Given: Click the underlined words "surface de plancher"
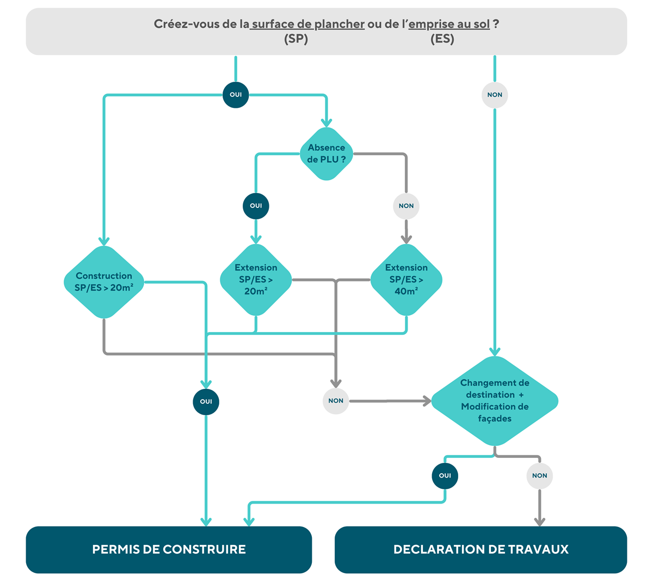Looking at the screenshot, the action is (308, 24).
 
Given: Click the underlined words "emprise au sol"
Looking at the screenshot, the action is (449, 24).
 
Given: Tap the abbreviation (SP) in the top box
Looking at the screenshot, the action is (296, 39).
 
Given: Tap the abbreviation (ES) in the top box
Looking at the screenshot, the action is (442, 39).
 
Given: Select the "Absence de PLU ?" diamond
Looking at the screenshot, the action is (326, 154).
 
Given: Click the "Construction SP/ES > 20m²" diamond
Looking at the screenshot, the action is (104, 282).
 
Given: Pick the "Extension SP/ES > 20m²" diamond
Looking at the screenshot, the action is (256, 279).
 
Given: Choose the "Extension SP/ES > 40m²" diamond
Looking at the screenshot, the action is (406, 279).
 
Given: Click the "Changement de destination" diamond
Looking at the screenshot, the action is (495, 401).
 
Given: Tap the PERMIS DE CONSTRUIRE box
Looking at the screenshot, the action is (169, 549).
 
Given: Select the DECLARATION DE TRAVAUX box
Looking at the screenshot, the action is (481, 549).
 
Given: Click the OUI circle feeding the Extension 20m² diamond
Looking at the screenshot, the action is (256, 206).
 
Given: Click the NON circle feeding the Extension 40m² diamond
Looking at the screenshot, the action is (406, 206).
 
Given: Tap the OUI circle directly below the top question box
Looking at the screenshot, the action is (236, 95).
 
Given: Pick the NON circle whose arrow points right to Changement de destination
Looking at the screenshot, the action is (336, 401).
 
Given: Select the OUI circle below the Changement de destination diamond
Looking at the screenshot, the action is (445, 476).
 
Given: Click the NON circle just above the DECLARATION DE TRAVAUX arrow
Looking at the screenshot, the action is (540, 476).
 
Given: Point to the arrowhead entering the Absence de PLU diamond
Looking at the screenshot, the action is (326, 123).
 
